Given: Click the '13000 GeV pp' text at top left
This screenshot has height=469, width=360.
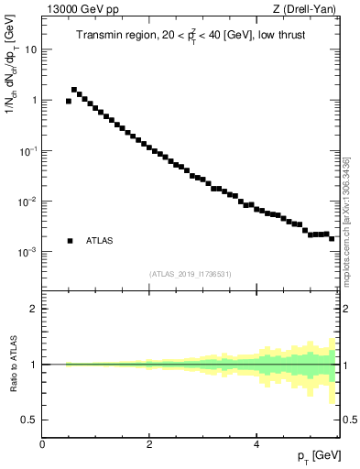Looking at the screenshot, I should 77,11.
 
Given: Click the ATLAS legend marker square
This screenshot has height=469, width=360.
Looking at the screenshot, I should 70,241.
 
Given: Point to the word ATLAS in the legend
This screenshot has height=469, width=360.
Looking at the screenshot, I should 100,241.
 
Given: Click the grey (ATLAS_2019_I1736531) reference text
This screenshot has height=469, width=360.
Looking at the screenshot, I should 191,274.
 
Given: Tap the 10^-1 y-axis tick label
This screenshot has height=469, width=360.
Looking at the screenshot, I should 28,150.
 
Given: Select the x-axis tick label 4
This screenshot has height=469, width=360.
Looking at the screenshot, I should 256,444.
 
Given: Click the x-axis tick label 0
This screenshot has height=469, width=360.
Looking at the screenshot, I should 42,444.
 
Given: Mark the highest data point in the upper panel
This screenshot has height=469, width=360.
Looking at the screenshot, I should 74,90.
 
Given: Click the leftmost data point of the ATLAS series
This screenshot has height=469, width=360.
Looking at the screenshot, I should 69,101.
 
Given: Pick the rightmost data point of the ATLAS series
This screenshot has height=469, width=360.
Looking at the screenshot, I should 332,238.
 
